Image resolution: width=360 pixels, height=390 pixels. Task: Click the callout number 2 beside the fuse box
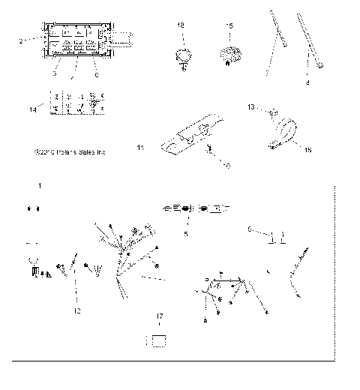(21, 37)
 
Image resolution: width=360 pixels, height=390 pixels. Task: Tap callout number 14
(31, 109)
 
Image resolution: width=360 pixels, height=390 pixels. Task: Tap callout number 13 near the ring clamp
(252, 107)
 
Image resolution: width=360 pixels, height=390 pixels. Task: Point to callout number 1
(40, 184)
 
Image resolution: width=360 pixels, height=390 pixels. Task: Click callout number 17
(159, 318)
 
